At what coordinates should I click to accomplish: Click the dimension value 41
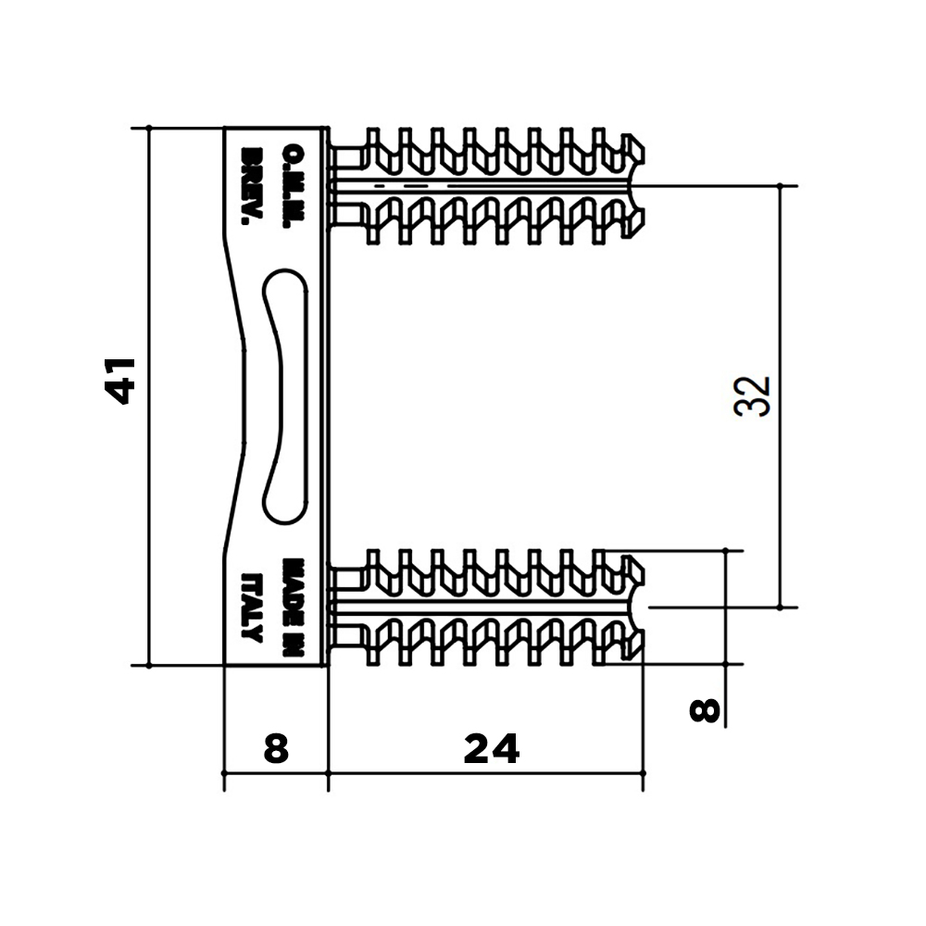119,382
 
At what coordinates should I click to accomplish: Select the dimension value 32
752,396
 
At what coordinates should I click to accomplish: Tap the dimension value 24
492,748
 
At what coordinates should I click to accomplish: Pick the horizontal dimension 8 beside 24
276,748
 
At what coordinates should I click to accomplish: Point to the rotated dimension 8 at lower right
705,710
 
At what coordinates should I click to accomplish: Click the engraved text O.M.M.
294,186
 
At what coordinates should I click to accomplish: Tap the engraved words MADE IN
294,608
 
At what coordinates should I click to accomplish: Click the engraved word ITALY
252,608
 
